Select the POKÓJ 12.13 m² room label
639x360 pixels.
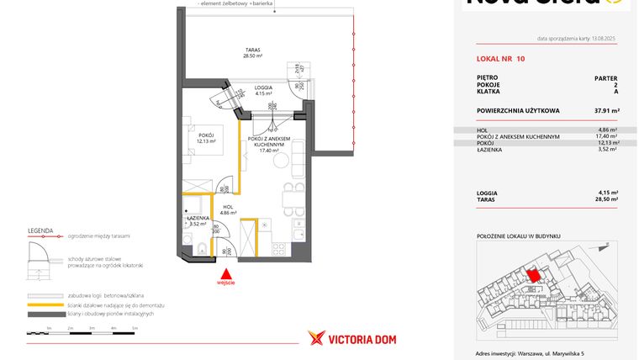coord(207,138)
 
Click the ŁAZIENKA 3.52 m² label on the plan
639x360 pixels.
coord(198,221)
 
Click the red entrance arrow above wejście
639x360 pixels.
coord(225,273)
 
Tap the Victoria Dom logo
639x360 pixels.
coord(352,338)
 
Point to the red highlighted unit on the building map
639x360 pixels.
coord(532,275)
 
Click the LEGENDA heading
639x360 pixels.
coord(40,229)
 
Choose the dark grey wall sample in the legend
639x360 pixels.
coord(45,314)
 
